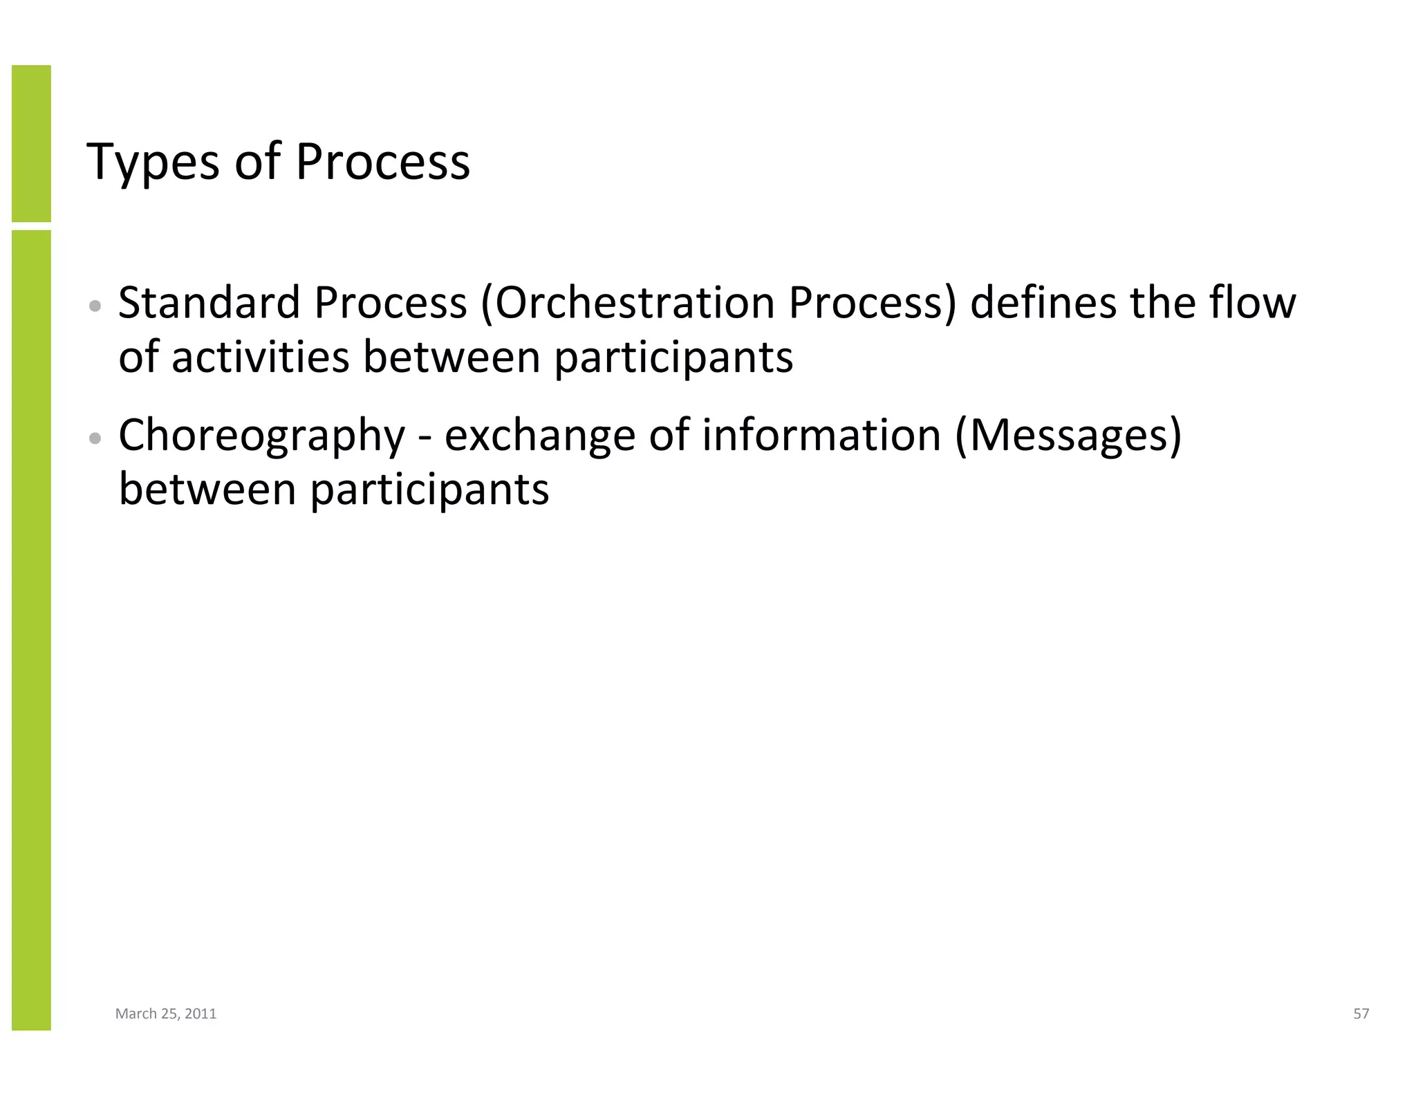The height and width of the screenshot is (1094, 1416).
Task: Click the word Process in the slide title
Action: pos(382,163)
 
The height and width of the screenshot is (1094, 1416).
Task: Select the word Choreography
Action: pos(261,436)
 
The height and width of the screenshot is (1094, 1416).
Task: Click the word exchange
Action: pos(539,436)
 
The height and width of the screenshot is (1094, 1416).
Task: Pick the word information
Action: pos(821,436)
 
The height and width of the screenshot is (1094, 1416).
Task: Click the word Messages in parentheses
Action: pos(1068,436)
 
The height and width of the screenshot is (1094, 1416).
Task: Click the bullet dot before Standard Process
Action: pos(96,306)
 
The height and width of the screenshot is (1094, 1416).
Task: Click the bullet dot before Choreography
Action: pos(96,438)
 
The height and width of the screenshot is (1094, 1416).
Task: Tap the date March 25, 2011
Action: pos(165,1014)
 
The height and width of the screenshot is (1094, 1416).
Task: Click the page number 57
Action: pos(1361,1014)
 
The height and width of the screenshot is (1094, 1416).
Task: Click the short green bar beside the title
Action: pos(31,143)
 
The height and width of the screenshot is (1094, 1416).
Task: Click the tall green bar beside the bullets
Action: pos(31,629)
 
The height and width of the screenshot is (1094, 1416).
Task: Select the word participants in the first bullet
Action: pos(673,358)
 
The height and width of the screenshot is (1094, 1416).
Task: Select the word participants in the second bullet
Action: pos(429,490)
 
